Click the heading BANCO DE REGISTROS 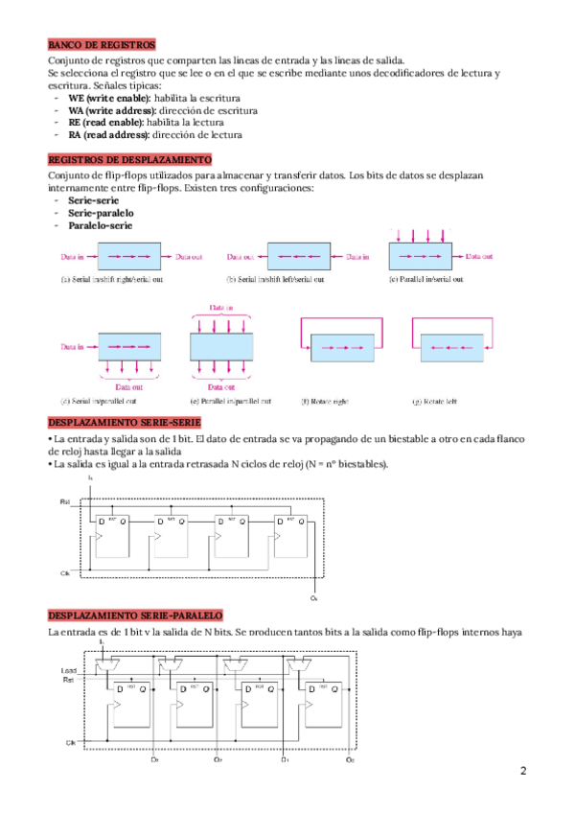[x=102, y=44]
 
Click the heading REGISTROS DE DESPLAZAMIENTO [x=129, y=160]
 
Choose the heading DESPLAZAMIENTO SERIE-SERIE [x=124, y=423]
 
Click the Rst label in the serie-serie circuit [x=65, y=501]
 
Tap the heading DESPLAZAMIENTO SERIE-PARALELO [x=134, y=614]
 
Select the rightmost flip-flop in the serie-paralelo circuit [x=325, y=705]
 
